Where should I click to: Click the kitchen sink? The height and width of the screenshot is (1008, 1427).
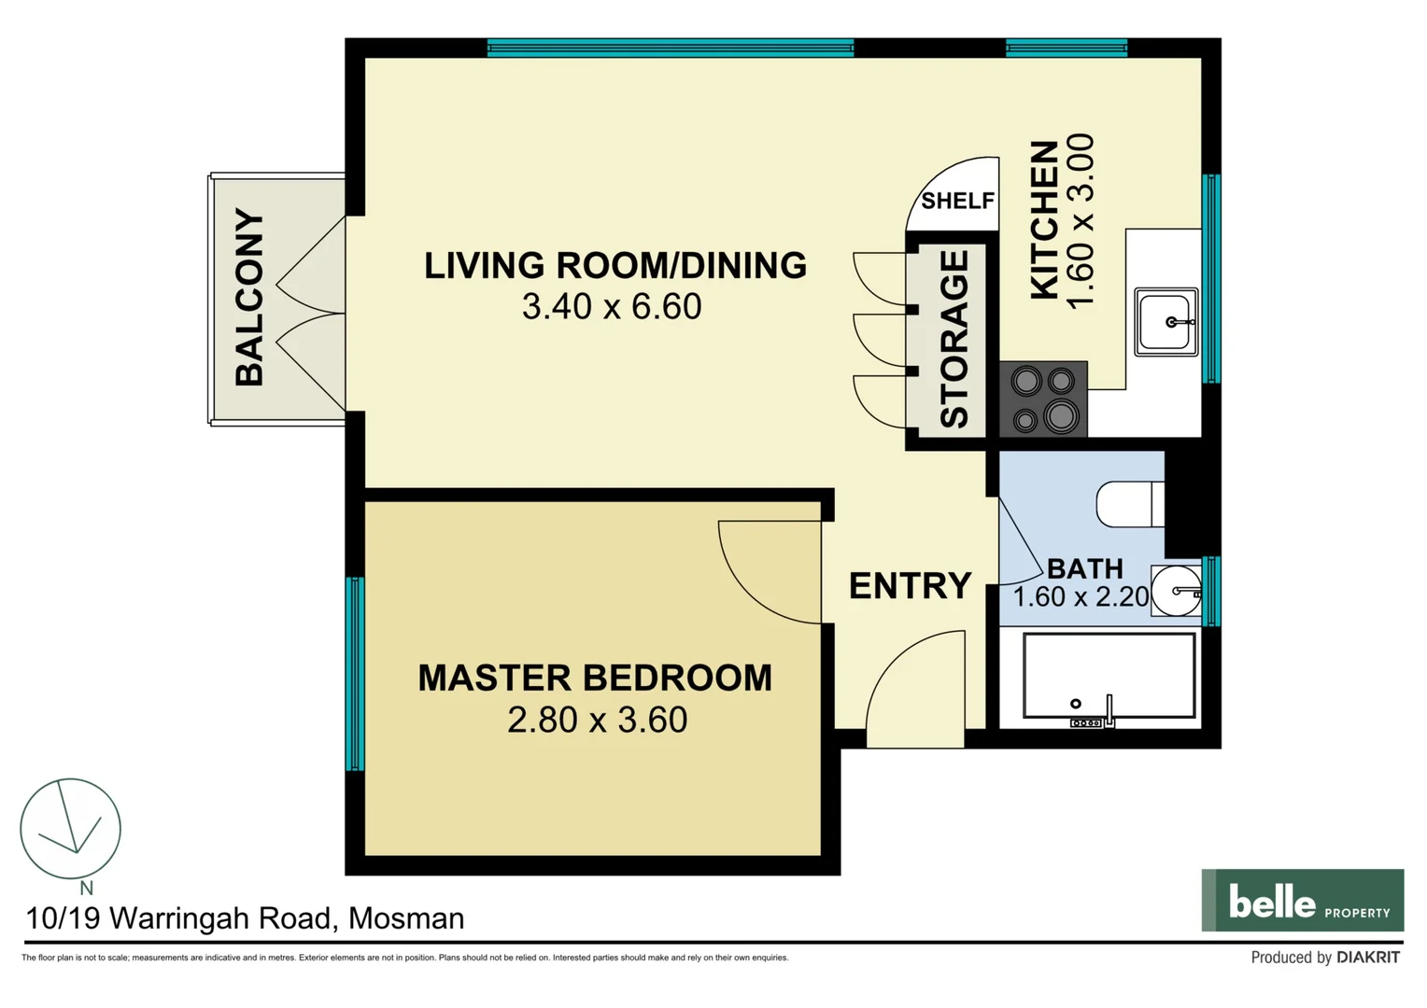point(1166,322)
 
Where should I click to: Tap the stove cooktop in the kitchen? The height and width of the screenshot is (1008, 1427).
point(1043,399)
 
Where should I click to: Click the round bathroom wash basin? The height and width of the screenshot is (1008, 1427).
point(1177,591)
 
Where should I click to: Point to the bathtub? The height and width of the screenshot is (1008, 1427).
point(1109,676)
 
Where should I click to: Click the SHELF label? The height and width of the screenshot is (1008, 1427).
point(957,201)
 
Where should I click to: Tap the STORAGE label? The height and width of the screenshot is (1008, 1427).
point(954,339)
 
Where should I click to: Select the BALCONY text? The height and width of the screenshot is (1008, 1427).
point(249,298)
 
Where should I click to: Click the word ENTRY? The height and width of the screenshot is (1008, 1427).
point(910,586)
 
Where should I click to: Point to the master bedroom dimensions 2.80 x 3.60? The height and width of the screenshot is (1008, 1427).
point(597,720)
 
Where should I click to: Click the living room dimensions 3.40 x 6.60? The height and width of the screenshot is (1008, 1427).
point(611,306)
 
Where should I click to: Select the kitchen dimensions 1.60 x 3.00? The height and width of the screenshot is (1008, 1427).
point(1079,221)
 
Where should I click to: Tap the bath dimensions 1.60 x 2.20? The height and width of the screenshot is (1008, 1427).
point(1081,596)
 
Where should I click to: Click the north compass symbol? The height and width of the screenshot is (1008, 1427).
point(71,829)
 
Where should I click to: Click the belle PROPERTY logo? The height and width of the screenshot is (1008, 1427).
point(1302,901)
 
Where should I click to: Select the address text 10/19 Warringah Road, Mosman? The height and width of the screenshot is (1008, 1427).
point(245,918)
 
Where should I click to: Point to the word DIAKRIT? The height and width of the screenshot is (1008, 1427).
point(1368,958)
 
